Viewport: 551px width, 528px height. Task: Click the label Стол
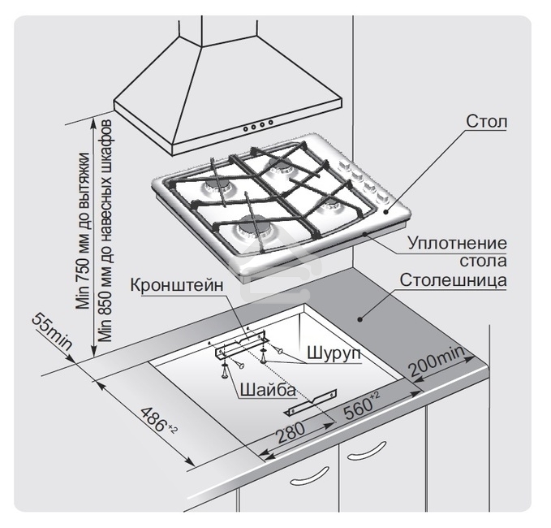[x=487, y=123]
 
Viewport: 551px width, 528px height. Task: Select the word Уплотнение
[x=457, y=244]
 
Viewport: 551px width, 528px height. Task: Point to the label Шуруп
[x=334, y=354]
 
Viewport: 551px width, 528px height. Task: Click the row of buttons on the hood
[x=259, y=125]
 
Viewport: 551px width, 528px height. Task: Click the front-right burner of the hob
[x=333, y=206]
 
